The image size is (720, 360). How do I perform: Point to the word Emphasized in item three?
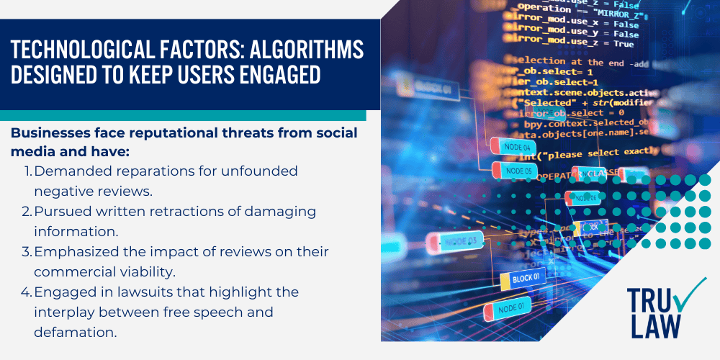point(76,252)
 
